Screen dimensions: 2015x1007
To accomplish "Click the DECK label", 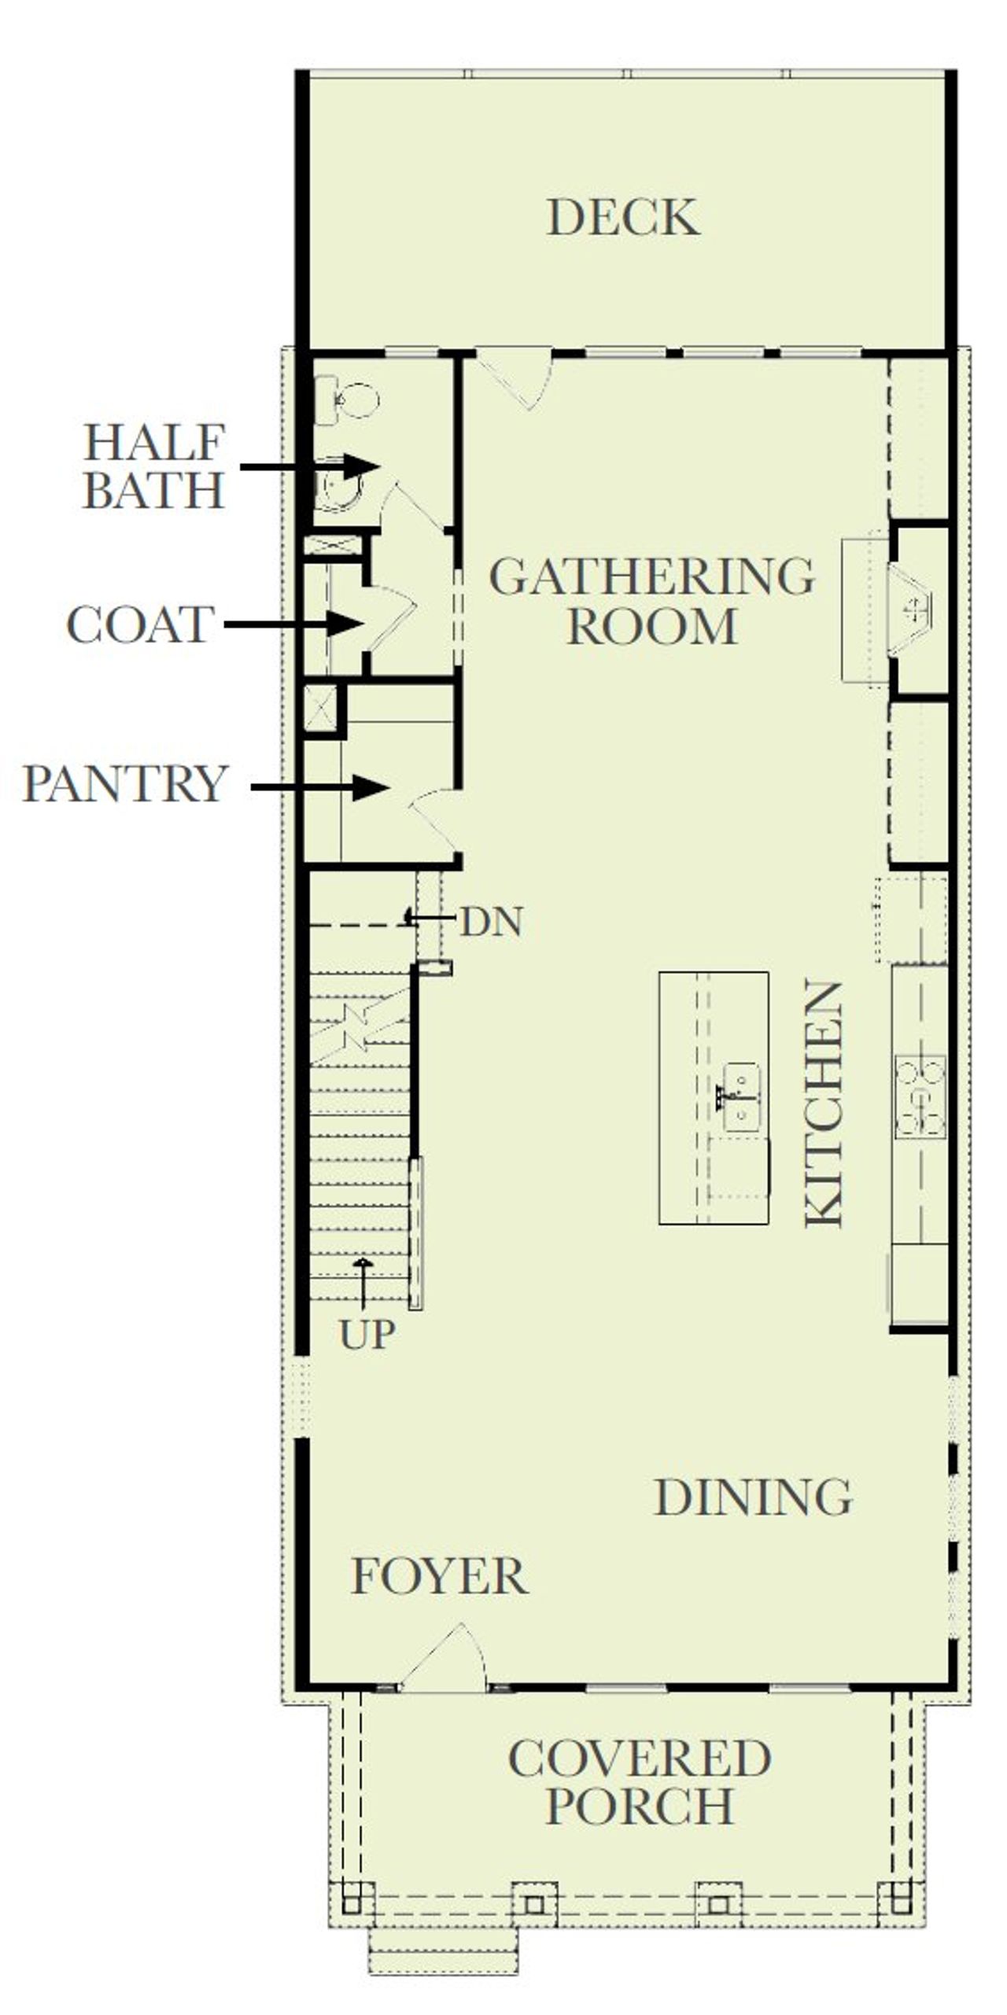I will pos(622,217).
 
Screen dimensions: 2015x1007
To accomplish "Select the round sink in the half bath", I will pos(340,489).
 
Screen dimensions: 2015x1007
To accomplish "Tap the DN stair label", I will pos(491,921).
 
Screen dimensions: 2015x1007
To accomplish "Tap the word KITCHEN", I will pos(824,1103).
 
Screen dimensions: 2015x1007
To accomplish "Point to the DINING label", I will pos(753,1497).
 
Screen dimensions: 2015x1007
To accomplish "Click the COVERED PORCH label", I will pos(639,1782).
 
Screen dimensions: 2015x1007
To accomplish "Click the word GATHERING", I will pos(651,577).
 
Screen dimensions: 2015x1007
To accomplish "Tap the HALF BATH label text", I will pos(154,466).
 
